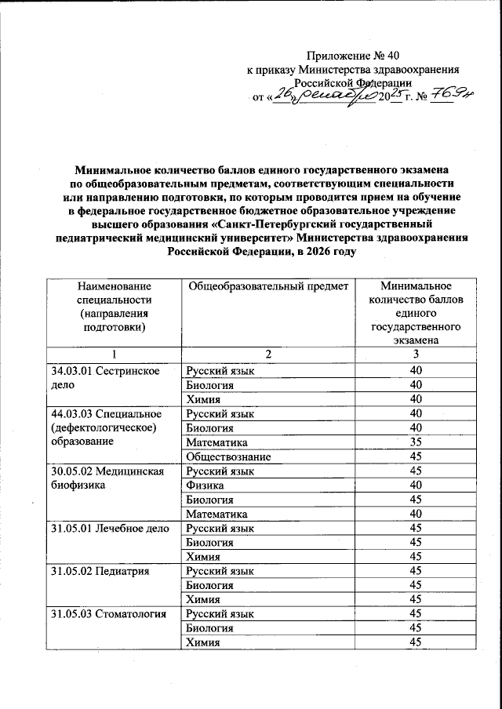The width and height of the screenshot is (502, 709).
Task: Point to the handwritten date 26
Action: [x=282, y=96]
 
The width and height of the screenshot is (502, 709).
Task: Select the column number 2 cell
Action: [x=267, y=355]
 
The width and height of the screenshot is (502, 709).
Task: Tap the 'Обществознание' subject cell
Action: [x=227, y=456]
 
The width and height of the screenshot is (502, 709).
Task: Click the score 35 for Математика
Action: [x=416, y=442]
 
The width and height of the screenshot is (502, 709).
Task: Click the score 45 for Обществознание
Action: [x=416, y=456]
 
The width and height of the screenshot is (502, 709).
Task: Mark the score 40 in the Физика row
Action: [x=416, y=485]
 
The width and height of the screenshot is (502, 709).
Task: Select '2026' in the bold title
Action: [x=311, y=253]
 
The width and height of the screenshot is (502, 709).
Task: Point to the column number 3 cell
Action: [x=416, y=355]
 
